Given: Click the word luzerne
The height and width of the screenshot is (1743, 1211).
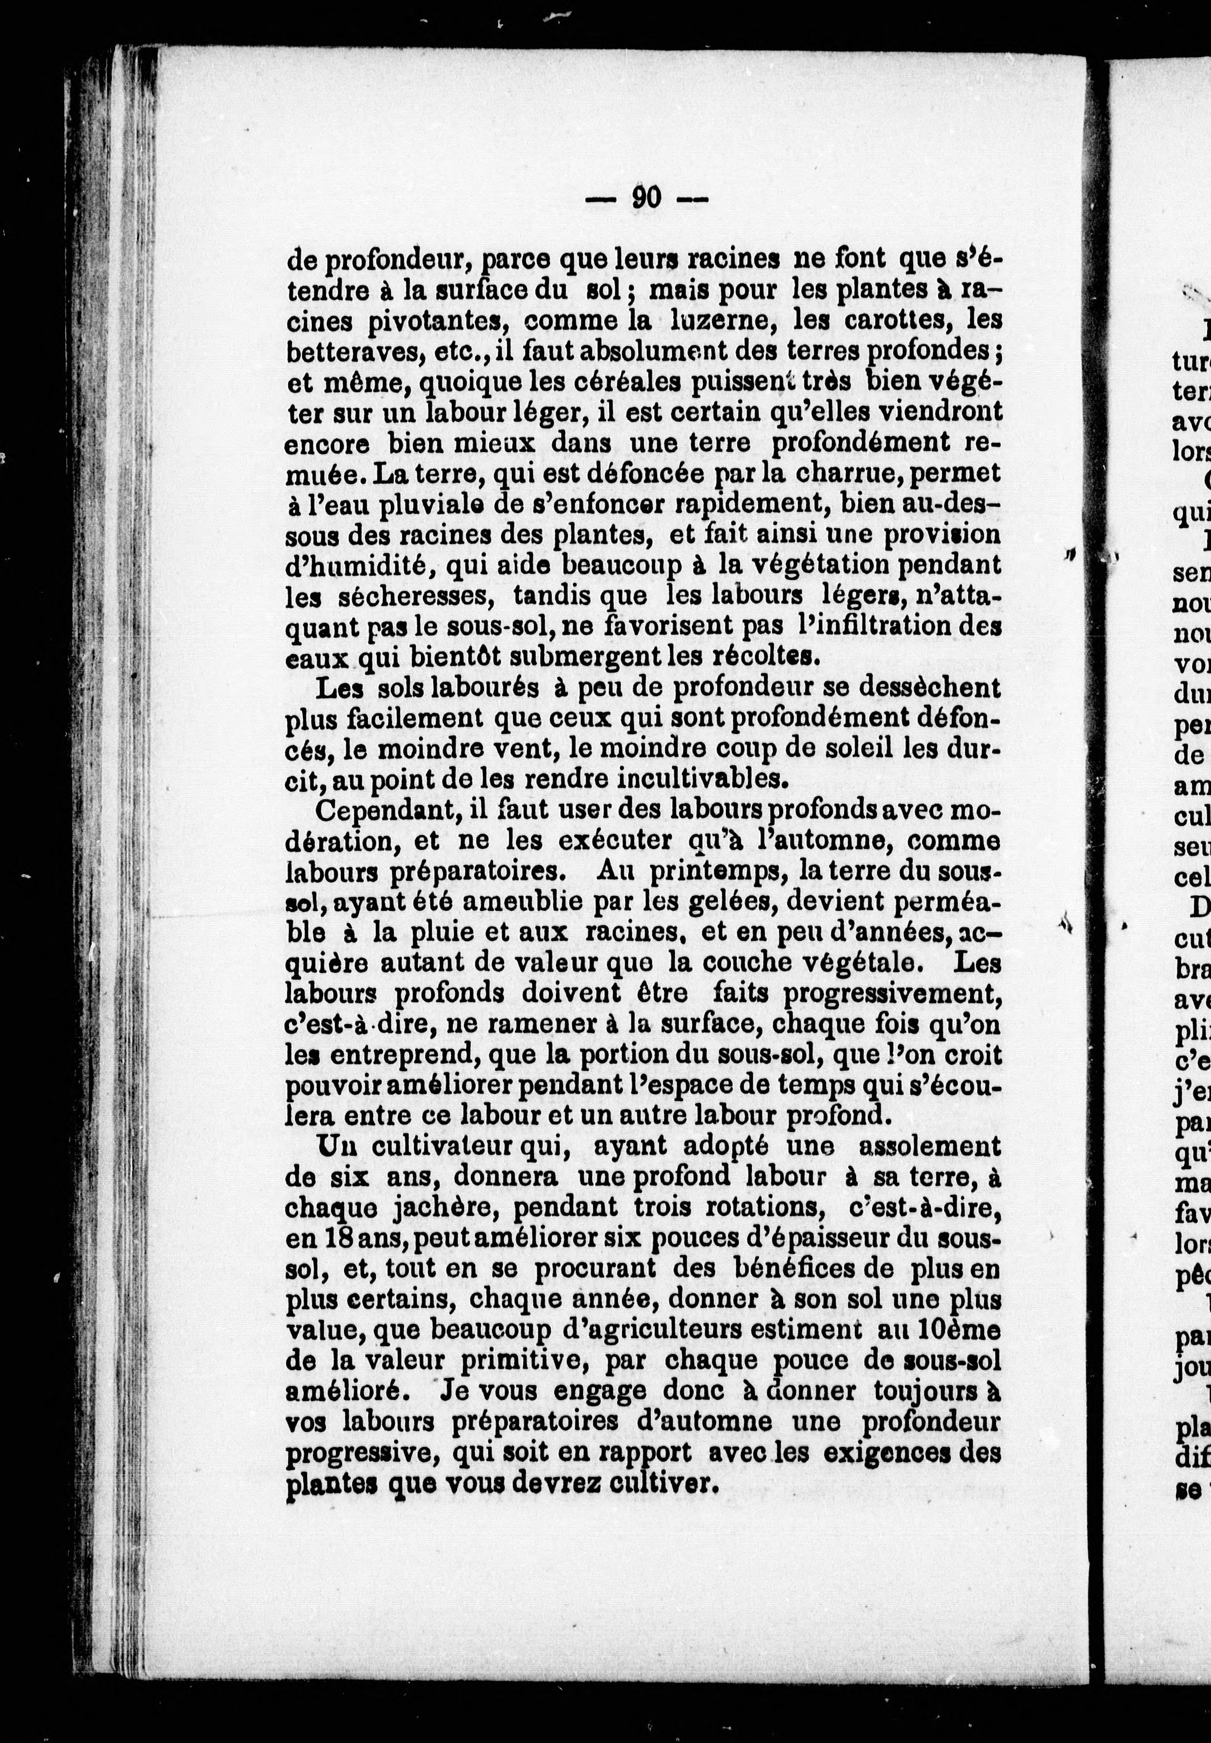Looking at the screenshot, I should pos(722,321).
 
